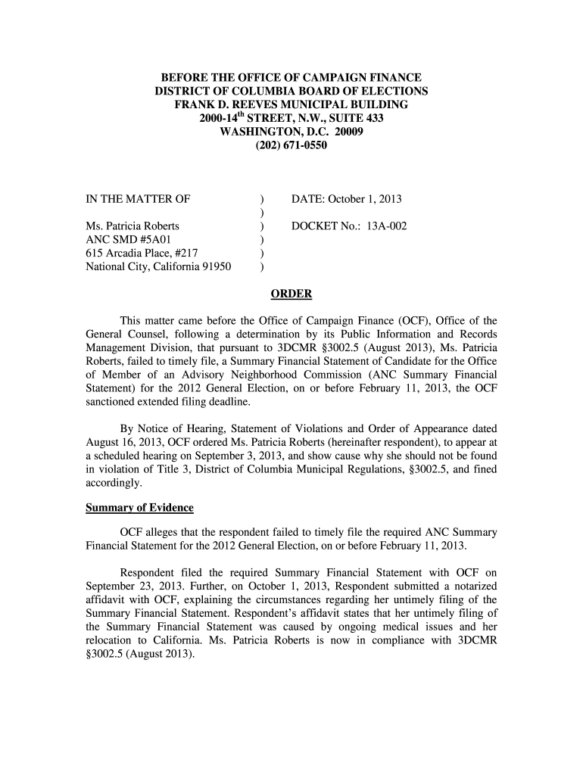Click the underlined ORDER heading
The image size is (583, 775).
click(291, 294)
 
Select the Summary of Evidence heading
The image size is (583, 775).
click(139, 507)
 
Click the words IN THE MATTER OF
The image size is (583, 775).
click(137, 199)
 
